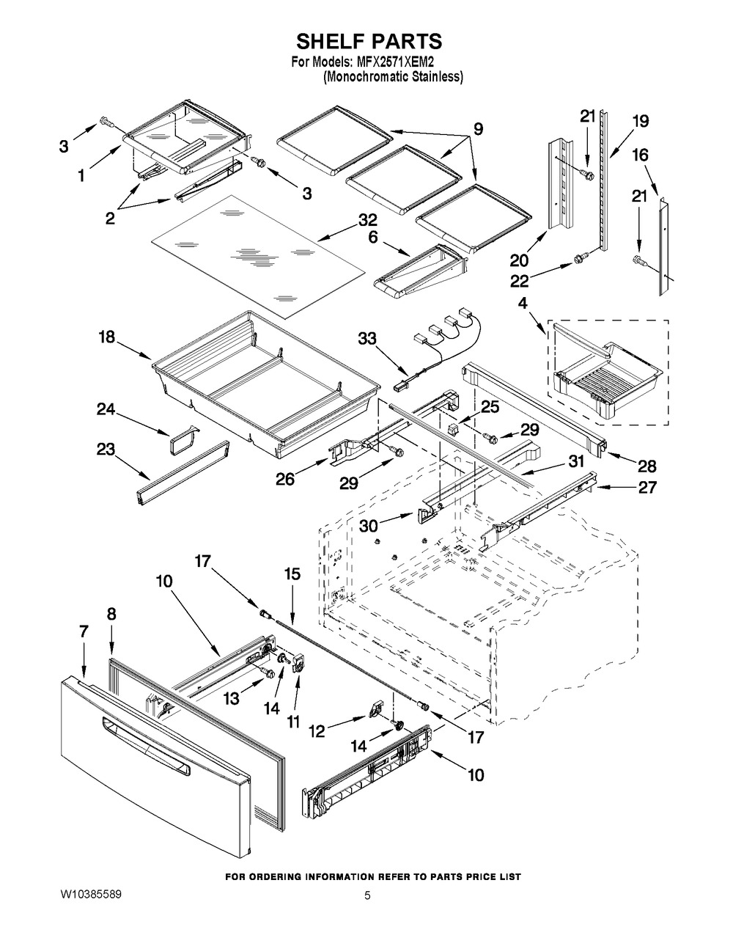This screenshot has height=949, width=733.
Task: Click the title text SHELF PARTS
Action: click(x=369, y=42)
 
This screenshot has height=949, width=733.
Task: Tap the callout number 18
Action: click(x=106, y=337)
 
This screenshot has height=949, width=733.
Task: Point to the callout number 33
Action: click(x=367, y=339)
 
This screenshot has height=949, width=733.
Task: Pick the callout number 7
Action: click(x=84, y=631)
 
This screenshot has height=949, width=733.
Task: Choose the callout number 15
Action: click(x=292, y=575)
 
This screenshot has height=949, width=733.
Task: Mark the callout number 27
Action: click(x=647, y=487)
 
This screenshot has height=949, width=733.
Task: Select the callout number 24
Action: click(x=106, y=409)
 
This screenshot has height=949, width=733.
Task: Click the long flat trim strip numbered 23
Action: click(x=183, y=473)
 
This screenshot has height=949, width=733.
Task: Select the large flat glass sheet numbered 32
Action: click(x=257, y=255)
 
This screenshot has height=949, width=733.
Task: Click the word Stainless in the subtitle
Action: click(x=438, y=77)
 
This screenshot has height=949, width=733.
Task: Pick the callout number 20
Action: click(x=519, y=260)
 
